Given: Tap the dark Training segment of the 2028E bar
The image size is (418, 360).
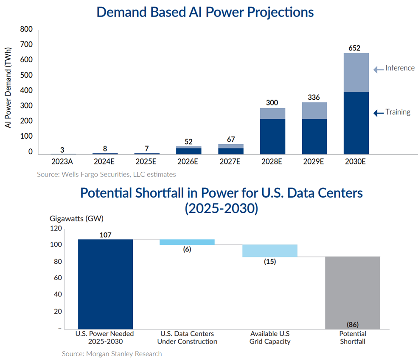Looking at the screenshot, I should coord(272,136).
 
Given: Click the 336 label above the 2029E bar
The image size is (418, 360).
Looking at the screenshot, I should coord(314,97).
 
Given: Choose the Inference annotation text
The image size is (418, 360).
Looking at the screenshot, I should coord(400,68).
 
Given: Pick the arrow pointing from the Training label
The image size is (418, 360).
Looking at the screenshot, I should coord(378,112).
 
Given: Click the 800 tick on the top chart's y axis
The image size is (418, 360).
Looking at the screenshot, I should coord(26,30).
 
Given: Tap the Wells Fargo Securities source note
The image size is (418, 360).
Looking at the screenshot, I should coord(107,174).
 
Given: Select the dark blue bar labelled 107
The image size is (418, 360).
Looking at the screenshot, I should coord(106,284).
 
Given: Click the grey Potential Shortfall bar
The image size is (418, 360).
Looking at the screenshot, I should coord(353,292).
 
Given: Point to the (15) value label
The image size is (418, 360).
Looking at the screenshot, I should coord(269,262).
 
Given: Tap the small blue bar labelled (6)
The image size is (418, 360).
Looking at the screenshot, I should coord(187,242).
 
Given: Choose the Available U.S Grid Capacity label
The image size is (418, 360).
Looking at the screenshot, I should coord(269,338).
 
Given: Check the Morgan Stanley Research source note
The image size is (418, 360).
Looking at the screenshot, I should coord(112,353).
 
